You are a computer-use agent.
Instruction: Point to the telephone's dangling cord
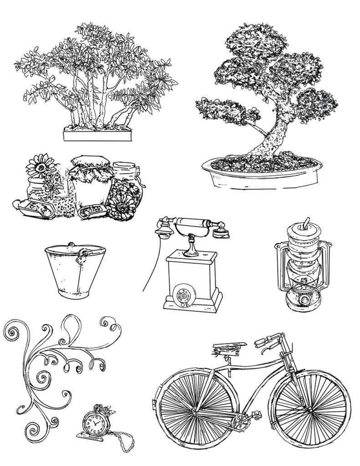coord(150,268)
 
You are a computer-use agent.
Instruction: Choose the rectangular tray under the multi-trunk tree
coord(98,135)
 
